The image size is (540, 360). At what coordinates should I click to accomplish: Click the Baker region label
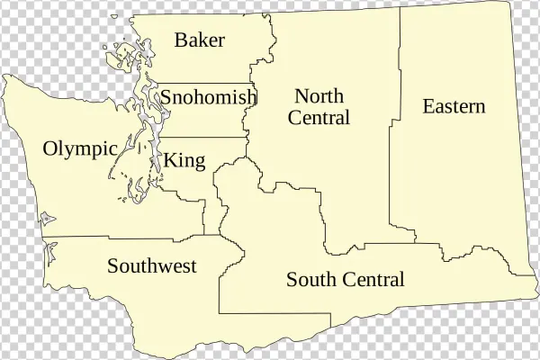[200, 40]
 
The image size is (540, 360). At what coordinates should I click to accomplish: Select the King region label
[184, 161]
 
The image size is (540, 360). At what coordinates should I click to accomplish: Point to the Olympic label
[81, 149]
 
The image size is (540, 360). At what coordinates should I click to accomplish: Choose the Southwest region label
[152, 266]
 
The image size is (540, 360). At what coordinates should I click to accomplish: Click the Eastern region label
[454, 106]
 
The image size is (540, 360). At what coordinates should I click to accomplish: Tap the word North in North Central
[320, 95]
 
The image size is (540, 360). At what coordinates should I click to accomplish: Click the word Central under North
[320, 117]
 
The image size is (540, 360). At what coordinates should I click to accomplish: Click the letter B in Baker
[181, 40]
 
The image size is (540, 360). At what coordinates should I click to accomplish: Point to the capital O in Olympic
[50, 149]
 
